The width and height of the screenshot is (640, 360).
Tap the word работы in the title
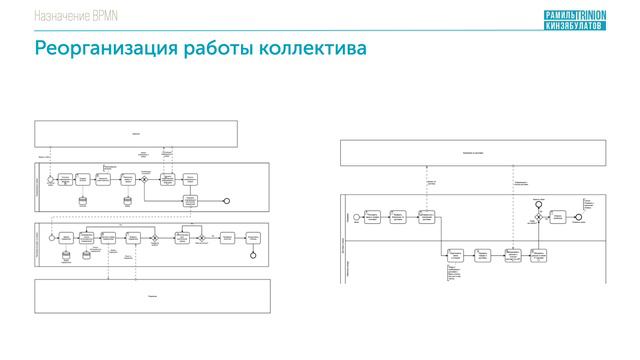pyautogui.click(x=207, y=49)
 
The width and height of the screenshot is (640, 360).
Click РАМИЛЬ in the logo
pyautogui.click(x=565, y=12)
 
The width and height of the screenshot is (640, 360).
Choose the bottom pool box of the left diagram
pyautogui.click(x=151, y=296)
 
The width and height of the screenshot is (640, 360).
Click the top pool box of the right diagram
pyautogui.click(x=472, y=152)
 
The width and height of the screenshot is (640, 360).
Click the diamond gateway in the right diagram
pyautogui.click(x=538, y=217)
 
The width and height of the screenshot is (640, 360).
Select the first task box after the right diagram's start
pyautogui.click(x=372, y=217)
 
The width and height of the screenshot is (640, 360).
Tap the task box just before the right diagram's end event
pyautogui.click(x=558, y=217)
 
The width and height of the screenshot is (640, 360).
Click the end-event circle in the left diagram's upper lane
pyautogui.click(x=227, y=201)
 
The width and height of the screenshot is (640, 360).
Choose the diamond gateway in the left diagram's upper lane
pyautogui.click(x=145, y=179)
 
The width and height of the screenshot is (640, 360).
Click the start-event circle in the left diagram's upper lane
pyautogui.click(x=48, y=179)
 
